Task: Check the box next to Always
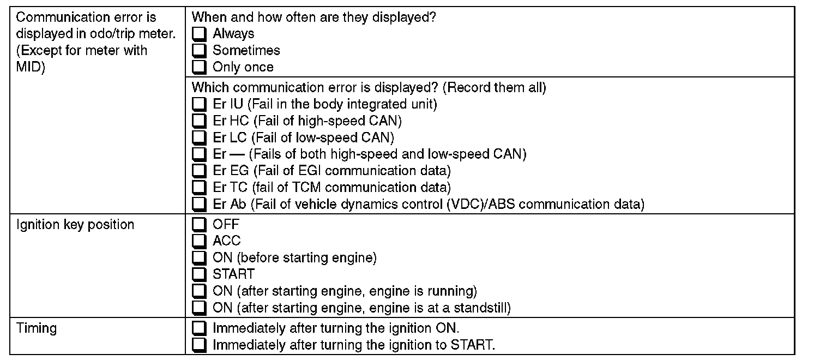tap(200, 34)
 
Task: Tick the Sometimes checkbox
tap(200, 51)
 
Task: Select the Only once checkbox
tap(200, 68)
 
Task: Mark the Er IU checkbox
tap(200, 104)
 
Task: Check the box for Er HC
tap(200, 121)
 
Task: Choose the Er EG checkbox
tap(200, 171)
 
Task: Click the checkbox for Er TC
tap(200, 188)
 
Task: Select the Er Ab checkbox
tap(200, 205)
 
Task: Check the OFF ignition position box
tap(200, 224)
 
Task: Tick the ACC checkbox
tap(200, 241)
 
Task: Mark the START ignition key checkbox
tap(200, 274)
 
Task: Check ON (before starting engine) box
tap(200, 258)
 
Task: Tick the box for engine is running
tap(200, 291)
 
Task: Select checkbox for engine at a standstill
tap(200, 308)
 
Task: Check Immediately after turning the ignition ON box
tap(200, 329)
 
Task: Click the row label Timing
tap(37, 328)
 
